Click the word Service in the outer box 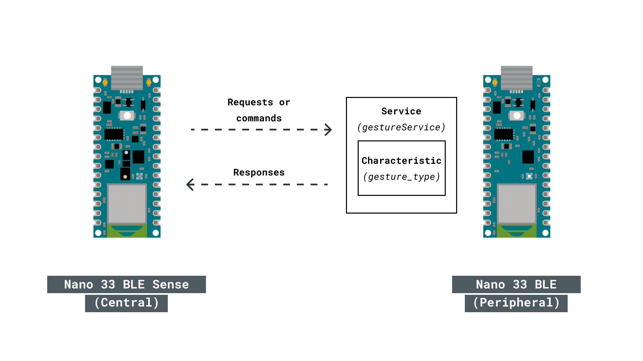pos(401,111)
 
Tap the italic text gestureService pos(401,127)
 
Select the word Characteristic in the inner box pos(401,161)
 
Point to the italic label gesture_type pos(401,177)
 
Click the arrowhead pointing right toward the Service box pos(328,130)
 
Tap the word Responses pos(259,172)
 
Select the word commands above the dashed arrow pos(259,118)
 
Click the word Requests pos(250,102)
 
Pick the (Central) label pos(126,303)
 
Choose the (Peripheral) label pos(516,303)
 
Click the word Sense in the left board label pos(170,284)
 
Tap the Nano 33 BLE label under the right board pos(516,284)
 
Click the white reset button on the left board pos(127,116)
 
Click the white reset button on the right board pos(517,116)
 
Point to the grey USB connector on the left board pos(127,78)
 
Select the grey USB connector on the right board pos(517,78)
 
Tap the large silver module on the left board pos(127,204)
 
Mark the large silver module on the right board pos(517,204)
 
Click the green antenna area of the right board pos(517,231)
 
